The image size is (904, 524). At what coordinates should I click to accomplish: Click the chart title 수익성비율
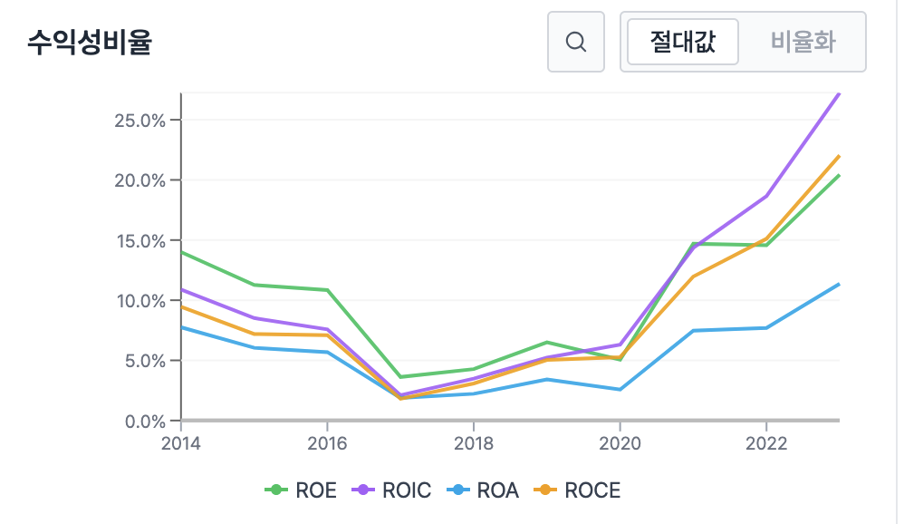pos(89,42)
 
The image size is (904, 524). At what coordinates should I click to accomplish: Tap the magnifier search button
pos(575,42)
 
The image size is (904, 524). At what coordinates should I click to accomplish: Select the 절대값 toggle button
pos(683,42)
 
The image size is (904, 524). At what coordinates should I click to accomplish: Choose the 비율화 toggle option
pos(803,42)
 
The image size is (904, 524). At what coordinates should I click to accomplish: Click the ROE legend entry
pos(302,490)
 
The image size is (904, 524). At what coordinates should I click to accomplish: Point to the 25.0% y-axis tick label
pos(139,121)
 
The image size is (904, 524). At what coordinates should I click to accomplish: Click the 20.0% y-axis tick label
pos(139,180)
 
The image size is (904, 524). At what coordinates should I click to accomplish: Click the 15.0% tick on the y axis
pos(139,241)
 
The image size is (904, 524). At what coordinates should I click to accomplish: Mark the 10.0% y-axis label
pos(139,301)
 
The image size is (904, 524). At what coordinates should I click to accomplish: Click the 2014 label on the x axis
pos(181,444)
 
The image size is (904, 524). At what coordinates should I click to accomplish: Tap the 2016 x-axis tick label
pos(327,444)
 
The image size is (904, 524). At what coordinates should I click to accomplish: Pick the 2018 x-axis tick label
pos(473,444)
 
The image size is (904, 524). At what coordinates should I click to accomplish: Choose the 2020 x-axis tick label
pos(620,444)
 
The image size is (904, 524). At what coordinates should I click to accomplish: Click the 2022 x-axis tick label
pos(765,444)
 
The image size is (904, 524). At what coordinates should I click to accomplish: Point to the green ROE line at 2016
pos(327,290)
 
